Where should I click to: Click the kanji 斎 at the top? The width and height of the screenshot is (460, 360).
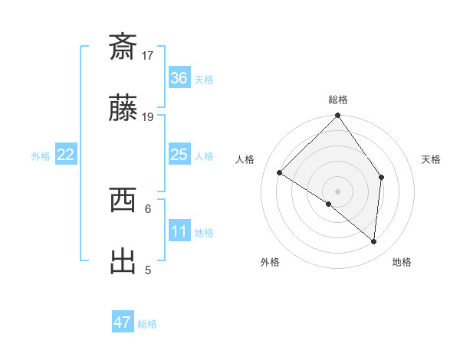[123, 47]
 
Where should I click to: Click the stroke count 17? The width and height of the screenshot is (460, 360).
[148, 55]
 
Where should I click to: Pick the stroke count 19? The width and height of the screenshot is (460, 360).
[148, 116]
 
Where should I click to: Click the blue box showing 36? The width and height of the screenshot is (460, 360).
[179, 78]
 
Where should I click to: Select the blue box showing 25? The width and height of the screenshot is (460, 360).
[179, 155]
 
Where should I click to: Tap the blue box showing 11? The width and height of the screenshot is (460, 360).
[179, 231]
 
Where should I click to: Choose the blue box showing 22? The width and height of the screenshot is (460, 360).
[66, 155]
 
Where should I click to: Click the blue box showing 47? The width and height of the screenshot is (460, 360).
[123, 322]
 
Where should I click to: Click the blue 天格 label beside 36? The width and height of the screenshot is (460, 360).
[204, 80]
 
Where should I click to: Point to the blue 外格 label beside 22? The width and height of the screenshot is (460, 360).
[41, 156]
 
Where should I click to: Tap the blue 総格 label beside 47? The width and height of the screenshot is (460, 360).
[147, 324]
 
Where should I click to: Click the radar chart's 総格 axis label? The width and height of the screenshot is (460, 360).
[337, 100]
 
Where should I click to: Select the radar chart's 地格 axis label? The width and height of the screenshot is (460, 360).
[402, 262]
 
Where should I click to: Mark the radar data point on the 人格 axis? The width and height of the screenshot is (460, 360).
[280, 173]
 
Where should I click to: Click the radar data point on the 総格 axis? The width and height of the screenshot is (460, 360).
[337, 116]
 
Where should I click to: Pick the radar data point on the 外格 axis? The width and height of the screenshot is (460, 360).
[329, 204]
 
